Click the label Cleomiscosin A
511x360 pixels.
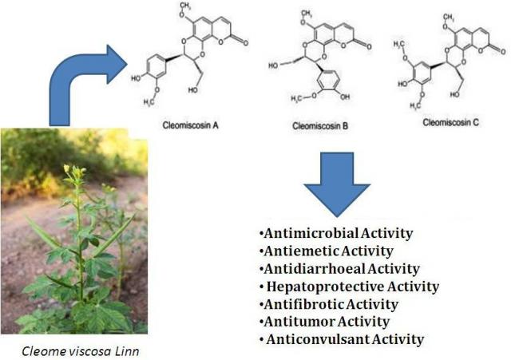click(x=191, y=125)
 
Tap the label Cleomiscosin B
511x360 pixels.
click(x=320, y=126)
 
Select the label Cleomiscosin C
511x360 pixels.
click(x=450, y=122)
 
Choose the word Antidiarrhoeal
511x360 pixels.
click(x=315, y=269)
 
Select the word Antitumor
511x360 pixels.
click(x=299, y=322)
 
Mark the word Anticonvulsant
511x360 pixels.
click(x=318, y=339)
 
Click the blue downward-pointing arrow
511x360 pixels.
click(x=337, y=184)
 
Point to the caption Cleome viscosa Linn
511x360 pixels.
click(x=81, y=351)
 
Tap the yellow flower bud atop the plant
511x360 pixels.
click(x=67, y=168)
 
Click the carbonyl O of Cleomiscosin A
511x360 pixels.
click(x=245, y=42)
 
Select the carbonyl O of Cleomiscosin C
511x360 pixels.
click(x=503, y=51)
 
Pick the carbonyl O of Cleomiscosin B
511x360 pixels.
click(x=369, y=46)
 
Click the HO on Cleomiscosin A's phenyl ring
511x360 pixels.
click(x=136, y=78)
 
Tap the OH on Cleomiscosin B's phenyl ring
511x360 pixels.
click(x=344, y=97)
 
